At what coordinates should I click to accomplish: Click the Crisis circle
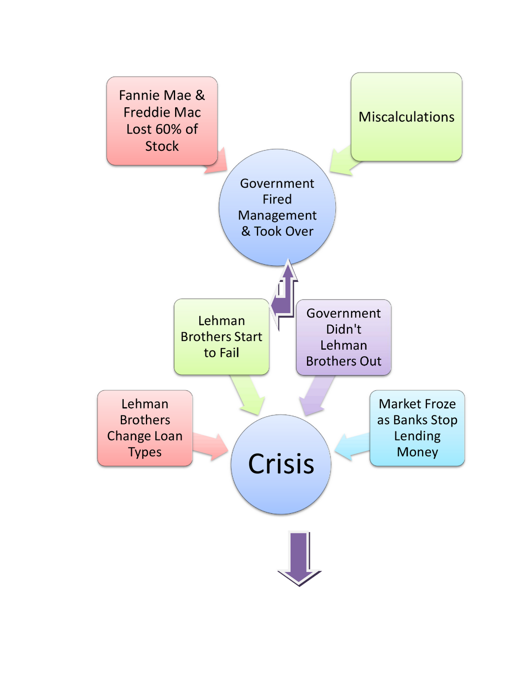[281, 464]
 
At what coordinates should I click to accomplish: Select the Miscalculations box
[406, 117]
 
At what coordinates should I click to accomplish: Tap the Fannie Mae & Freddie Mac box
[162, 121]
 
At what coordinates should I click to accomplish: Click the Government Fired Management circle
[277, 208]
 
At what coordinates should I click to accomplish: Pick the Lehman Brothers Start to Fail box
[221, 337]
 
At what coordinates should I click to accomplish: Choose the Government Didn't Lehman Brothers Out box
[343, 337]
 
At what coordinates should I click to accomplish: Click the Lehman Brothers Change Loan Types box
[145, 428]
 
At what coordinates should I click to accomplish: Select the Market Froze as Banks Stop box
[417, 428]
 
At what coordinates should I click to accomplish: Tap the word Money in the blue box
[417, 452]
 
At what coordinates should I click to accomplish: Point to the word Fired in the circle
[277, 199]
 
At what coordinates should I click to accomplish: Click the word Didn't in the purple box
[343, 329]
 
